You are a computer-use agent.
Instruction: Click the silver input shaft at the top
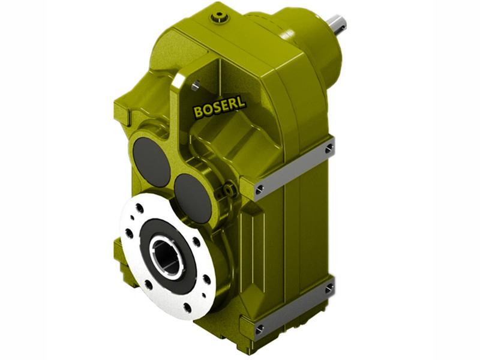coord(336,23)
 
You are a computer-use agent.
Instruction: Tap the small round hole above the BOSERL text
coord(194,86)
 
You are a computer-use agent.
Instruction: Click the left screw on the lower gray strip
coord(260,329)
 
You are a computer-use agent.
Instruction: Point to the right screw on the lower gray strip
coord(329,289)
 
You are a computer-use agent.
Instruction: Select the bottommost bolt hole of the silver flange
coord(187,308)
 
